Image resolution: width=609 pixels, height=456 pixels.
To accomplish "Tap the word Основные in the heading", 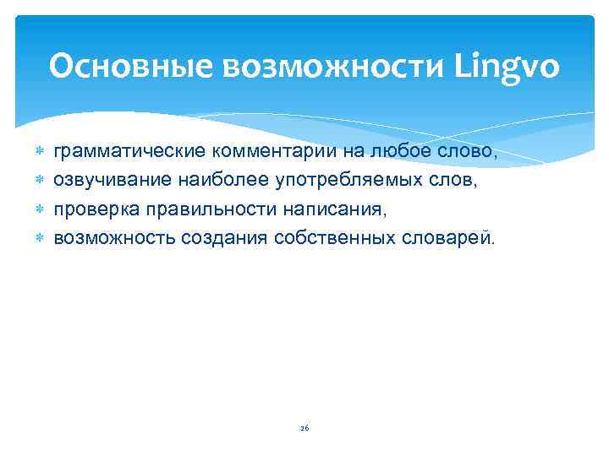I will [x=131, y=67].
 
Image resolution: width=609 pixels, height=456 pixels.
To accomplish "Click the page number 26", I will [x=304, y=428].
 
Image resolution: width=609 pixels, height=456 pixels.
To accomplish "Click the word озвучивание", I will [x=111, y=180].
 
